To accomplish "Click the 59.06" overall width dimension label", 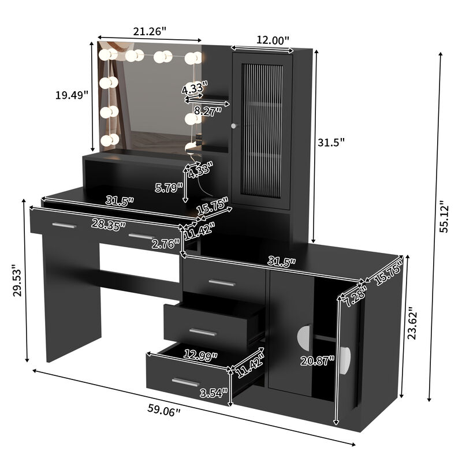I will tap(164, 411).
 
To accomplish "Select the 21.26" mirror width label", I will tap(150, 31).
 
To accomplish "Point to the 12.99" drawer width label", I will tap(200, 356).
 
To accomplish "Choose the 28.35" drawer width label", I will tap(110, 225).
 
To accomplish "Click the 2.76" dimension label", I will tap(166, 244).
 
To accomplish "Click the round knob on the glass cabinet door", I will tap(234, 125).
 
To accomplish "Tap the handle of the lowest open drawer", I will tap(185, 382).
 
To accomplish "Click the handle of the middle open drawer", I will tap(203, 332).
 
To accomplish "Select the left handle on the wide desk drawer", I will tap(64, 225).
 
